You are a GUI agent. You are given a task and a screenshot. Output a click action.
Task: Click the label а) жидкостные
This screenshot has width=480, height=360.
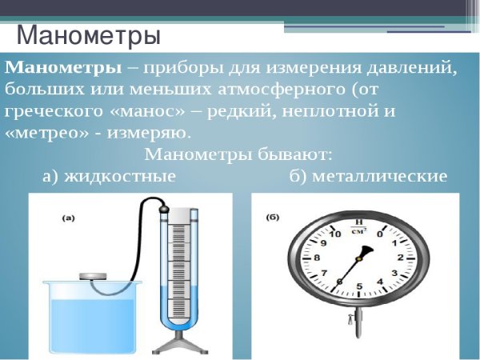tap(109, 176)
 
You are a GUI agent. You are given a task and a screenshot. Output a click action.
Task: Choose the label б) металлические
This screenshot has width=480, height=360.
tap(368, 176)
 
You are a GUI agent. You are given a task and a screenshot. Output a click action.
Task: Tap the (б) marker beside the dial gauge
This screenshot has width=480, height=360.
tap(272, 216)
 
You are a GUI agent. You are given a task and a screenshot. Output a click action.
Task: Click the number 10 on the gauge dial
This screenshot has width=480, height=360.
tap(336, 234)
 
